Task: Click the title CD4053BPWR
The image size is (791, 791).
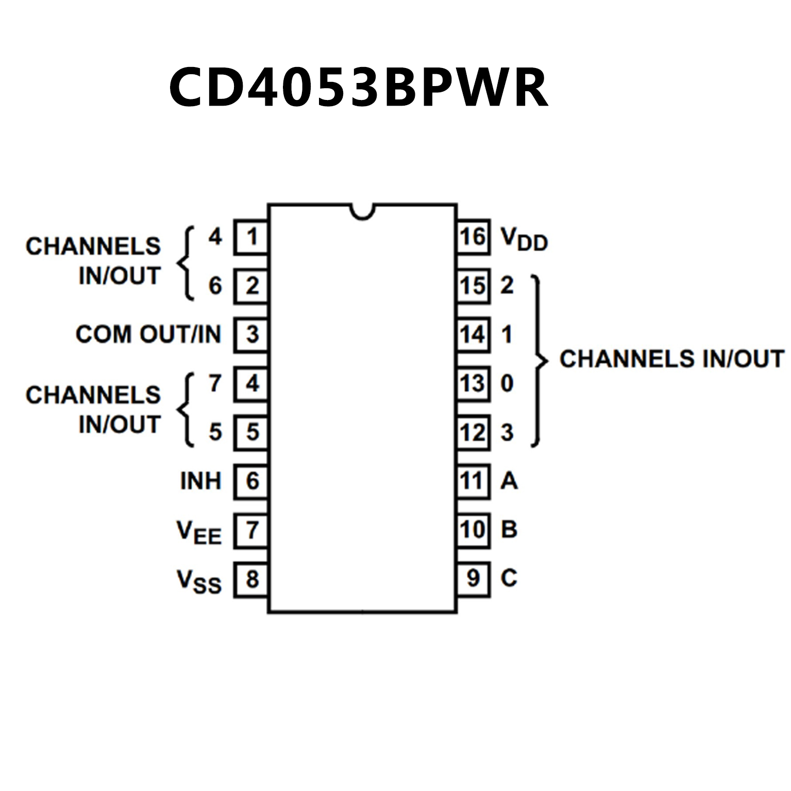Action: [358, 88]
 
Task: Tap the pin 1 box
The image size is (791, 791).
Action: [251, 237]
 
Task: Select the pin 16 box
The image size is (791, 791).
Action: [473, 237]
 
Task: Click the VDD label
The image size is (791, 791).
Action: [524, 240]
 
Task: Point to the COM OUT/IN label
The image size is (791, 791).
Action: [148, 334]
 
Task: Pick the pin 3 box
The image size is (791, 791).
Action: [251, 334]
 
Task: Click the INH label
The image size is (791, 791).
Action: [200, 481]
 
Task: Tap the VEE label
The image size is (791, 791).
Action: [198, 531]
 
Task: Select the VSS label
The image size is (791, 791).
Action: [198, 581]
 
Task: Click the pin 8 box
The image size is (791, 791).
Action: [251, 579]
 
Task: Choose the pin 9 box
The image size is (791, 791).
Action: [473, 579]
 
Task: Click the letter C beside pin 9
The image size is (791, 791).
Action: [509, 578]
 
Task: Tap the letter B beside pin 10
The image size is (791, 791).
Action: [509, 529]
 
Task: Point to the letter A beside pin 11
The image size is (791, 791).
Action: [509, 481]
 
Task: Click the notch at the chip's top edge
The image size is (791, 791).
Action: [362, 211]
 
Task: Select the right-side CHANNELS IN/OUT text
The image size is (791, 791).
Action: [671, 359]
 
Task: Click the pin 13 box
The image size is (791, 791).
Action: [473, 383]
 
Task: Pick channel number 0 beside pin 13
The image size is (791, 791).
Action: [507, 383]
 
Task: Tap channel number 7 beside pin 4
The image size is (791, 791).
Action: [215, 383]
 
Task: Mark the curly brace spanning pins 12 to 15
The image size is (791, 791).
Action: [538, 360]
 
